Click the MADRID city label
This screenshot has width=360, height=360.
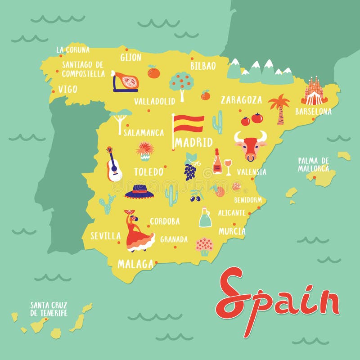click(x=194, y=143)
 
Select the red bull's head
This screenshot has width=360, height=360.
click(x=250, y=145)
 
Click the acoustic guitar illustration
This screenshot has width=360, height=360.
click(x=113, y=165)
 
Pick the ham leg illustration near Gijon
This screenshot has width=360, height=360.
click(x=126, y=82)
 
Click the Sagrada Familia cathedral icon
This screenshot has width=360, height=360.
click(x=315, y=91)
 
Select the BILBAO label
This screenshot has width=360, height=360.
click(x=203, y=66)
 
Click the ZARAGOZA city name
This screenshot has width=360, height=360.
click(x=241, y=100)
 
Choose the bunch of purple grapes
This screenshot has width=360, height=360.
click(x=190, y=170)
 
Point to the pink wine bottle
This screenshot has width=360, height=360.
click(x=217, y=162)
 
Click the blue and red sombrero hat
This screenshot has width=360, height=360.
click(x=139, y=191)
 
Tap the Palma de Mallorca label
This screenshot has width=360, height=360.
click(x=313, y=164)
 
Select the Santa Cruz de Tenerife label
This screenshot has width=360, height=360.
click(x=49, y=309)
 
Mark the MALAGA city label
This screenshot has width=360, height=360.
click(x=135, y=264)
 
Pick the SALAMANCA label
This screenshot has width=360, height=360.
click(x=144, y=133)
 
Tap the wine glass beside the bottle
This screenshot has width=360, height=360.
click(x=228, y=167)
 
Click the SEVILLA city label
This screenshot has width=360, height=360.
click(x=105, y=236)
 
